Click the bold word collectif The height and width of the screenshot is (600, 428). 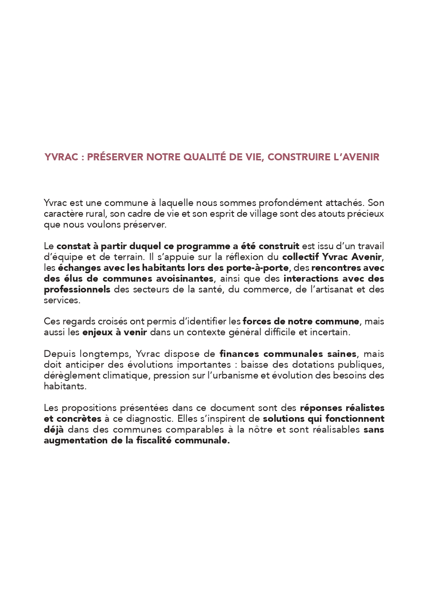pyautogui.click(x=301, y=257)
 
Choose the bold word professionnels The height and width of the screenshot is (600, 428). pyautogui.click(x=77, y=289)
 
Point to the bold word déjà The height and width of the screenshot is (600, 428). pyautogui.click(x=54, y=429)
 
